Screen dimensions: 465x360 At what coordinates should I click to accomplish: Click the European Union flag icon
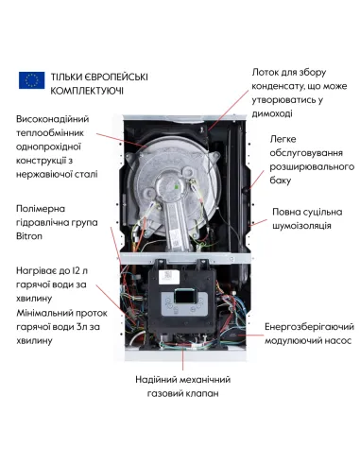coord(31,81)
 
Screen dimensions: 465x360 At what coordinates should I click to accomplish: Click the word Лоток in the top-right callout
coord(267,71)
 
